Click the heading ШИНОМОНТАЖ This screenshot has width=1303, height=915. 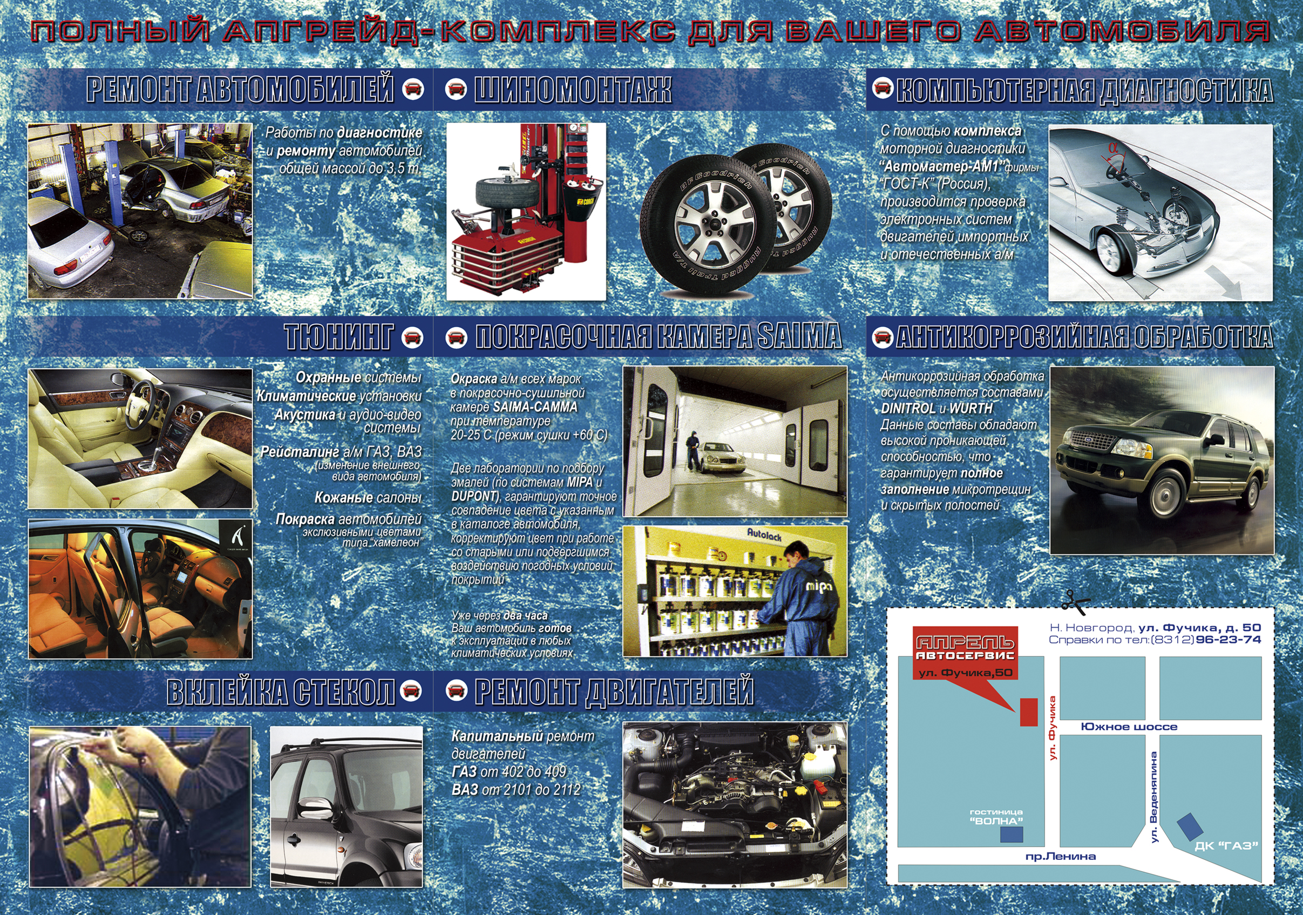click(x=573, y=90)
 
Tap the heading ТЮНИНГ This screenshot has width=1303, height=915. click(x=339, y=337)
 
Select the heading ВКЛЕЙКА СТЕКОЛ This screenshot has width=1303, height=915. click(x=281, y=692)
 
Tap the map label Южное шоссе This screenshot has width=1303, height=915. click(x=1128, y=727)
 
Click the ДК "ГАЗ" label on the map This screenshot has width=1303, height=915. click(x=1226, y=846)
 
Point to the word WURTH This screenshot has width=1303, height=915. click(x=971, y=409)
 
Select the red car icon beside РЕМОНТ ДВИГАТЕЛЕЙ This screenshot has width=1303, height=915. click(x=456, y=691)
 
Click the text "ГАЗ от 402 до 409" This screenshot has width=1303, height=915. click(x=509, y=772)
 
